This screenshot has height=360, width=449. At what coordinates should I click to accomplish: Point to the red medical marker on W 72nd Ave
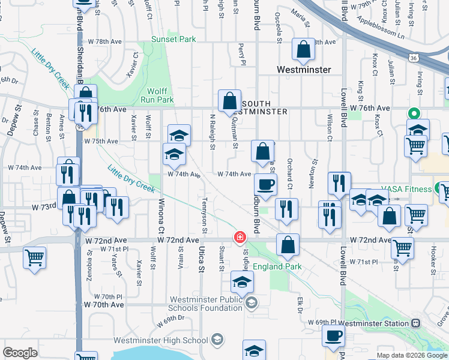coord(240,238)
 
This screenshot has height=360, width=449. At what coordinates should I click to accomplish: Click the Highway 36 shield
coord(414,58)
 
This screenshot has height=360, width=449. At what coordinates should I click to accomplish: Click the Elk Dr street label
coord(300,302)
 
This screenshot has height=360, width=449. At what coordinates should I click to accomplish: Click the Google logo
coord(20,353)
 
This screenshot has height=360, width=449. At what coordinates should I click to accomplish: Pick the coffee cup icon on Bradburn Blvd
coord(265,184)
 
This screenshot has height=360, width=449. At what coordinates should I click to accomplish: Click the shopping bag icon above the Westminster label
coord(304,50)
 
